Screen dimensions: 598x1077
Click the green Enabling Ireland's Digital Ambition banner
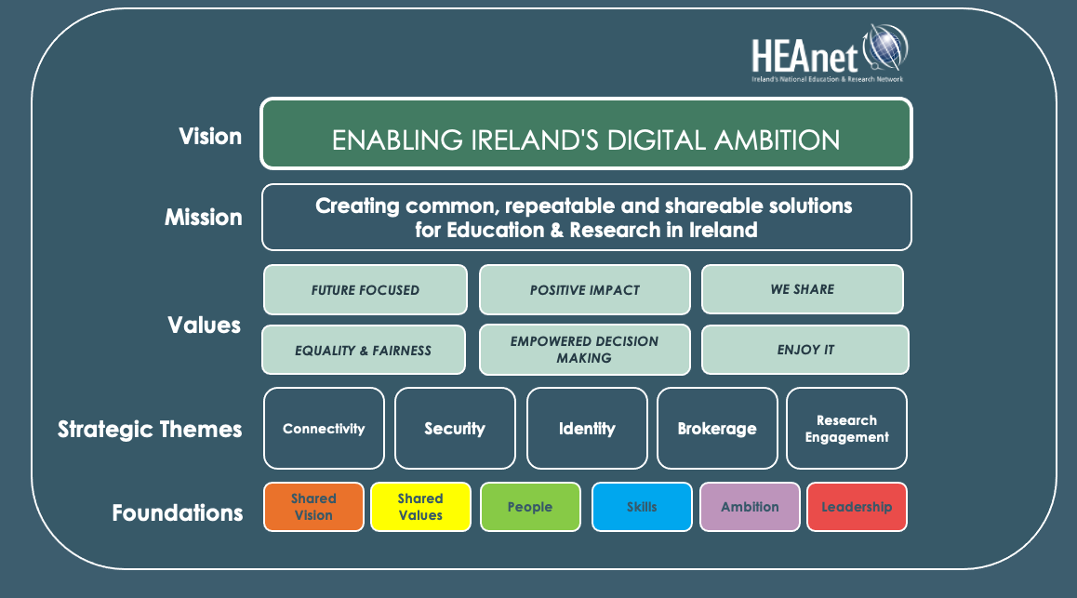(586, 135)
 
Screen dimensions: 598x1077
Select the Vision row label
(210, 137)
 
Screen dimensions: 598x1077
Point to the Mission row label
(204, 218)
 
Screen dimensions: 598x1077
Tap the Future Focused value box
(366, 290)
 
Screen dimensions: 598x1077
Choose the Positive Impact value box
(585, 290)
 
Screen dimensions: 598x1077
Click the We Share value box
(802, 289)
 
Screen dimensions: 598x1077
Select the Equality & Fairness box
(364, 351)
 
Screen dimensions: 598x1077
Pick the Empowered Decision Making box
(585, 350)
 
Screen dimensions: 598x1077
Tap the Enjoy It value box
(805, 350)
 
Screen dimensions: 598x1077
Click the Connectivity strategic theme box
(324, 429)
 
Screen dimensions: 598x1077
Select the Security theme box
(455, 429)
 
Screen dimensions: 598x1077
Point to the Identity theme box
(587, 429)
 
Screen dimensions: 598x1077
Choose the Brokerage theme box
(717, 429)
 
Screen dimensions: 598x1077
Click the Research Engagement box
(846, 429)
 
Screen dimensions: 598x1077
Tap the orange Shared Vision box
(313, 507)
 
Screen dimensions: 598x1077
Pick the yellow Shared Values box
(420, 507)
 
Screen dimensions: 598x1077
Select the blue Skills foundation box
(642, 507)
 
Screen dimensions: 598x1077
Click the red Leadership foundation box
(857, 507)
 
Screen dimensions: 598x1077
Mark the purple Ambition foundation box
(750, 507)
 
